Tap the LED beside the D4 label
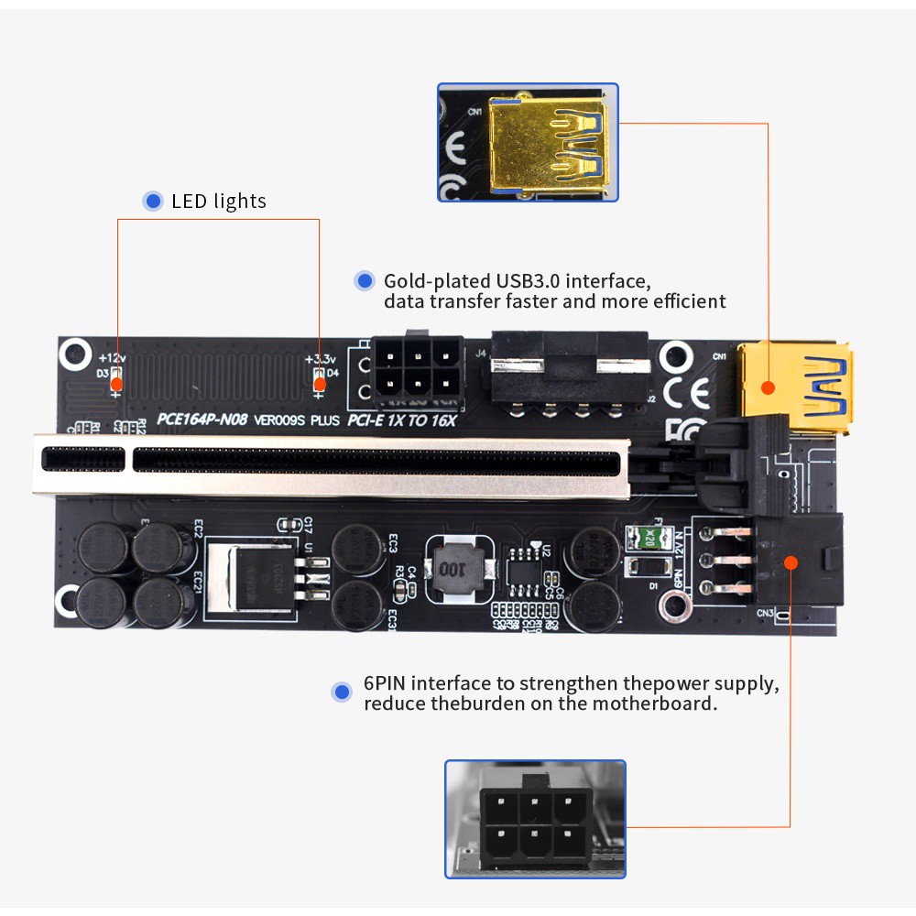319,383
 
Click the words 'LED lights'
219,202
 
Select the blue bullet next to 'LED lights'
153,202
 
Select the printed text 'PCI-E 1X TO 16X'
401,420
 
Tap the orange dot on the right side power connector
791,562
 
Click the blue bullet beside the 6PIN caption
343,692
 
